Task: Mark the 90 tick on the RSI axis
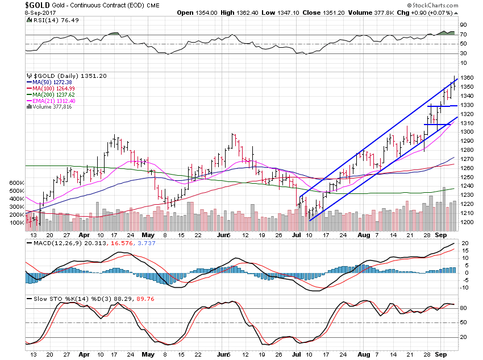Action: click(x=464, y=25)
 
